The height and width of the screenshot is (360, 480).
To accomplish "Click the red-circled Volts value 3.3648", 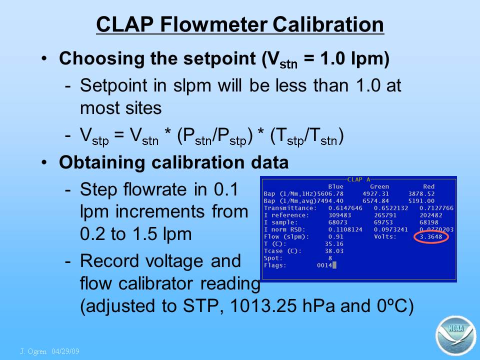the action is coord(430,236).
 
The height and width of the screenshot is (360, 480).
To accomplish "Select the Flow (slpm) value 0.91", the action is coord(336,236).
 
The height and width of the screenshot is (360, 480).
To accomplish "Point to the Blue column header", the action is coord(336,186).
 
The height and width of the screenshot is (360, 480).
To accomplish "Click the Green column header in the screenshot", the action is coord(379,186).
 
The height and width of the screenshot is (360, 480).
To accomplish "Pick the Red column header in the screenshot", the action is coord(429,186).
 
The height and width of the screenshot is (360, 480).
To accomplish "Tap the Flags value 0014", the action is coord(324,265).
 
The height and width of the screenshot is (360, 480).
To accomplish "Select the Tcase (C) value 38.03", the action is coord(334,251).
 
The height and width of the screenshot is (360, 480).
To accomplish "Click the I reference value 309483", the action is coord(340,215).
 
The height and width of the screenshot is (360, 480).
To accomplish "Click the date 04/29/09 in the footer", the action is coord(65,351).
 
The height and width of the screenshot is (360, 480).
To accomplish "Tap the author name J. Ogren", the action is coord(33,351).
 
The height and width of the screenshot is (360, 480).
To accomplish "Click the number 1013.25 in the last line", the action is coord(263,305).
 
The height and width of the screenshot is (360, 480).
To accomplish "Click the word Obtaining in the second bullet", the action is coord(102,162).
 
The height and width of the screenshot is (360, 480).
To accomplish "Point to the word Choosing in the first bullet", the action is coord(102,58).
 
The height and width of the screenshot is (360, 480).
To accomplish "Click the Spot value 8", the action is coord(330,258).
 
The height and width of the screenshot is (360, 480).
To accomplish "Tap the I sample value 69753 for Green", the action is coord(383,222).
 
